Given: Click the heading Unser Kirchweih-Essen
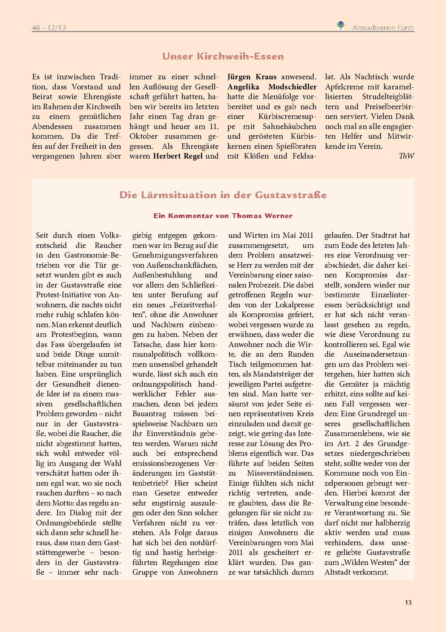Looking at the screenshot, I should pos(223,57).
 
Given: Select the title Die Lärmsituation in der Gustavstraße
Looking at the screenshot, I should pos(223,195).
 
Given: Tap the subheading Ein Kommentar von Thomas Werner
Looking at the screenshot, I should pos(223,216).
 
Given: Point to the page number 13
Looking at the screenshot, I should pos(408,603).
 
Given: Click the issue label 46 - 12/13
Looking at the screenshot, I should pos(49,27).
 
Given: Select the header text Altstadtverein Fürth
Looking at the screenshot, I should pos(383,27).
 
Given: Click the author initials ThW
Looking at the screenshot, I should pos(406,156).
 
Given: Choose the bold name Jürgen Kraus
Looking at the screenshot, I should pos(252,77).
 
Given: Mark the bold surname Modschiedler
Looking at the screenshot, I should pos(292,87).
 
